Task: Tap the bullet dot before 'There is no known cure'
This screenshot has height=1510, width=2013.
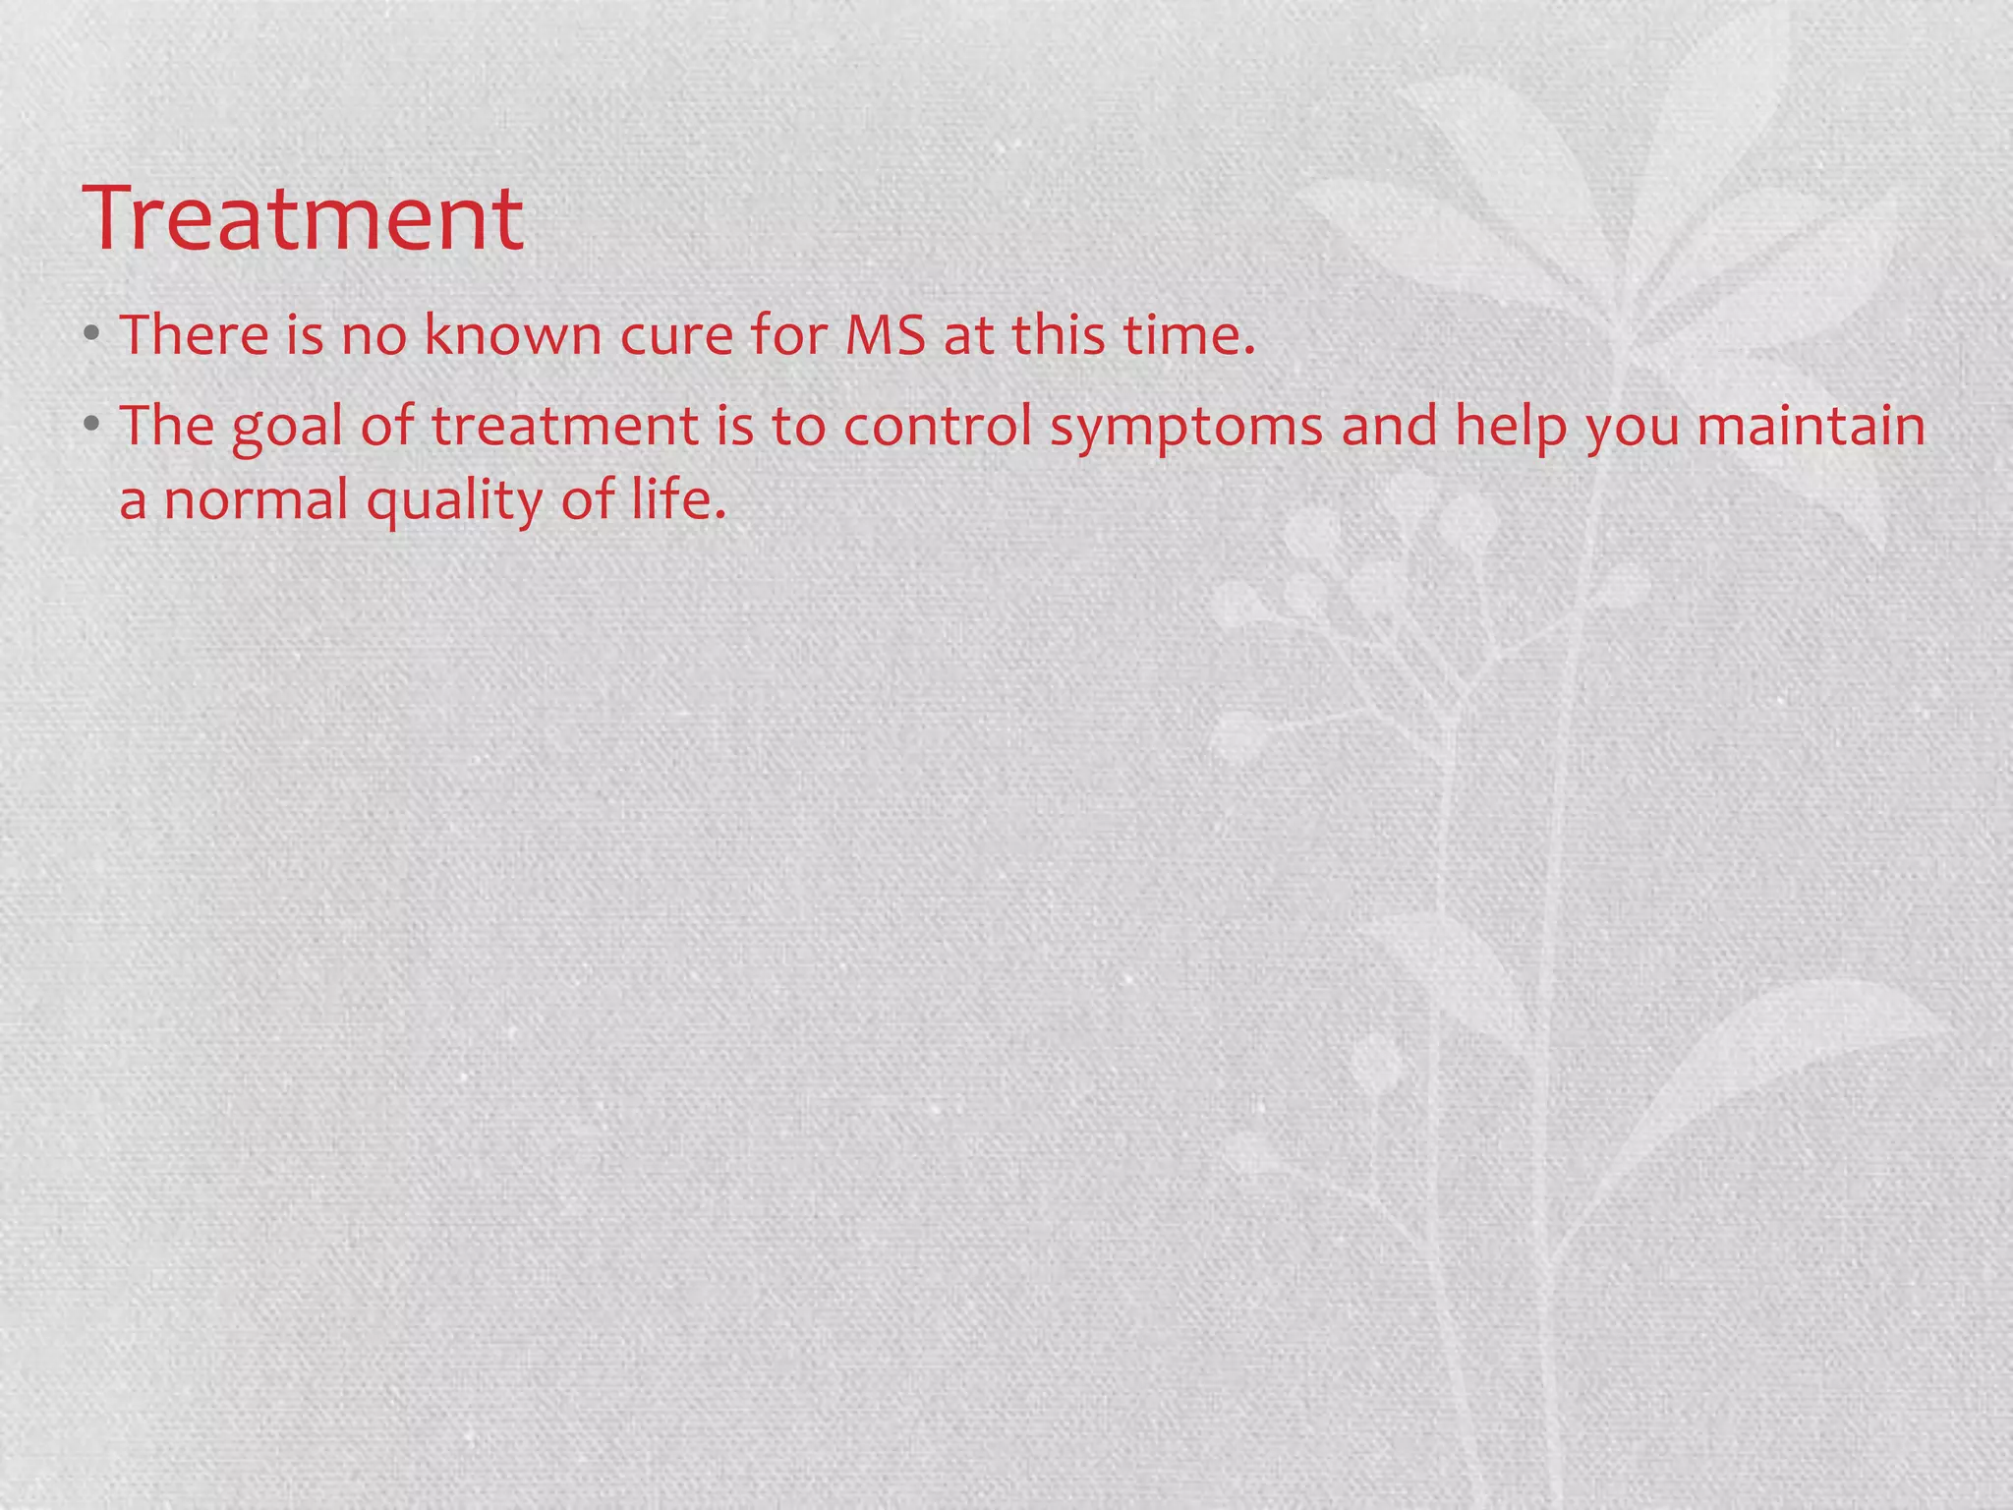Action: click(x=91, y=334)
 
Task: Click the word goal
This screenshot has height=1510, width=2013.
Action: click(x=287, y=429)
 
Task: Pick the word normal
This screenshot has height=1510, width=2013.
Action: click(x=257, y=501)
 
